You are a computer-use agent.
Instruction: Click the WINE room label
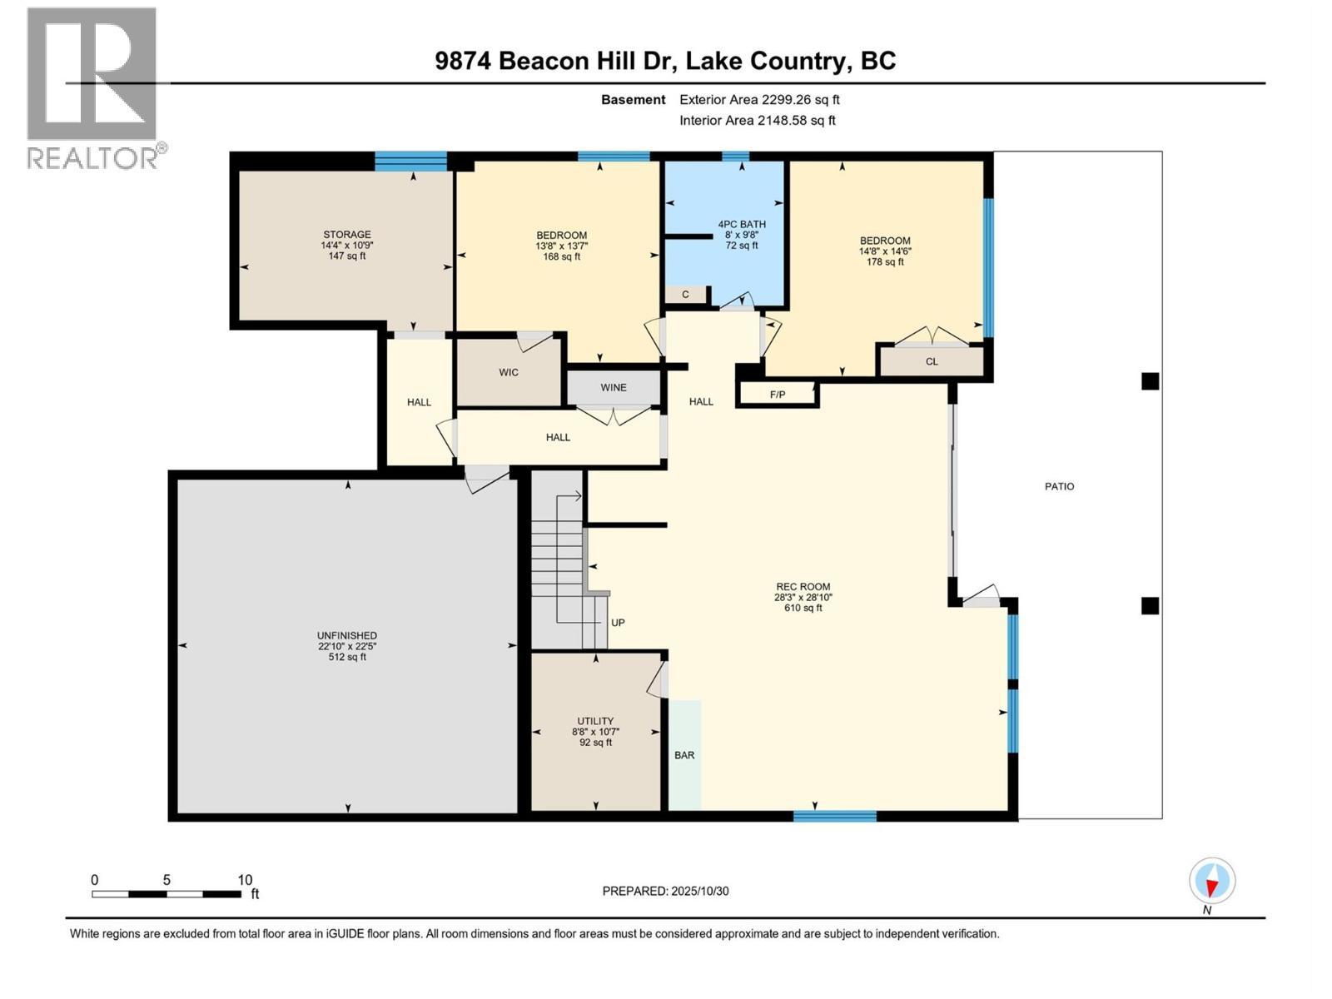click(x=614, y=387)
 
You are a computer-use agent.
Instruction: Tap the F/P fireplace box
click(x=778, y=394)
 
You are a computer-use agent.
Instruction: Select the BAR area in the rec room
click(x=684, y=755)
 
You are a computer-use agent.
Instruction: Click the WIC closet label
click(x=509, y=372)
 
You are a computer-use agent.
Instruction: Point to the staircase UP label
click(x=618, y=623)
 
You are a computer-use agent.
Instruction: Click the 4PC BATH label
click(x=742, y=224)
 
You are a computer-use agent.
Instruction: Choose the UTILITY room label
click(x=595, y=721)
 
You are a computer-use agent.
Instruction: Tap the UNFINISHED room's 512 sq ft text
click(x=347, y=657)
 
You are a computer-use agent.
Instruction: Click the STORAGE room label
click(x=347, y=235)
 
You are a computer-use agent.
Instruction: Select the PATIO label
click(x=1060, y=486)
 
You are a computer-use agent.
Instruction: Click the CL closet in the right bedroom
click(x=932, y=361)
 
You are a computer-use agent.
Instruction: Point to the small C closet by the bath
click(x=686, y=295)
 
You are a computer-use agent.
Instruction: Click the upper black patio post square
click(x=1150, y=381)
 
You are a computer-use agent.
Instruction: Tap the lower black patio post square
click(x=1150, y=606)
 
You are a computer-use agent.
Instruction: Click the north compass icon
click(x=1212, y=881)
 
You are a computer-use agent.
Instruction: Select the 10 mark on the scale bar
click(x=245, y=880)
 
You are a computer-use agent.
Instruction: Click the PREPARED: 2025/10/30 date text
click(x=665, y=891)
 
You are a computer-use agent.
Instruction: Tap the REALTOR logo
click(x=92, y=87)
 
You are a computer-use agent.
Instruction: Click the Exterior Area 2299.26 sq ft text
click(x=759, y=100)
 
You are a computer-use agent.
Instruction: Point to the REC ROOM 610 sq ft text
click(x=803, y=608)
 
